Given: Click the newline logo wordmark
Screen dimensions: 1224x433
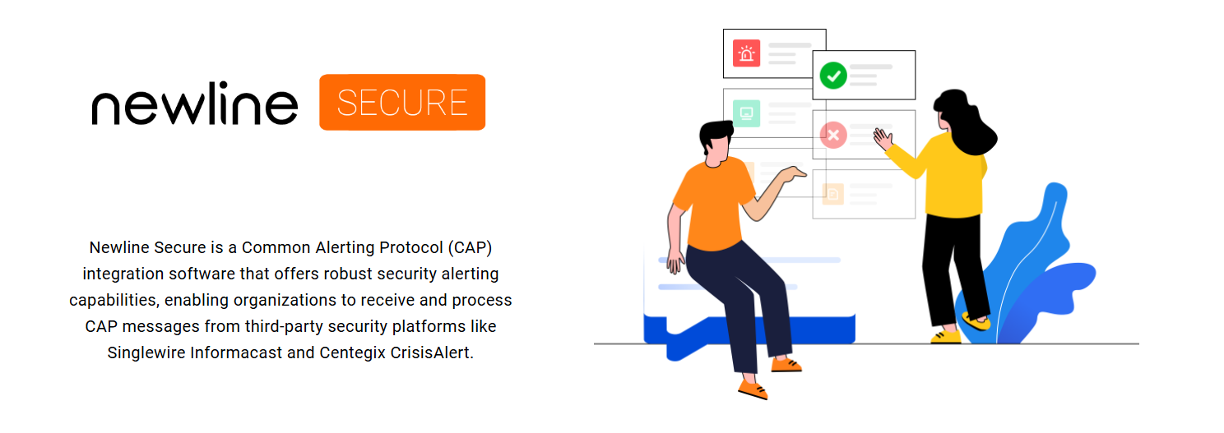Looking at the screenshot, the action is tap(194, 104).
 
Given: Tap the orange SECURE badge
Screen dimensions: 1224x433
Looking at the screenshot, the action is tap(402, 103).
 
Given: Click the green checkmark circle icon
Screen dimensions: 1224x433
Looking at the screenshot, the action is tap(833, 76).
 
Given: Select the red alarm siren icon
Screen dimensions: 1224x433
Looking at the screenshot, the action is tap(746, 53).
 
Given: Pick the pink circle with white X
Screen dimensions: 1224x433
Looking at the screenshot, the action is tap(833, 135).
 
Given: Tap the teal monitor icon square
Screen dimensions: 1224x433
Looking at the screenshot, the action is tap(746, 113).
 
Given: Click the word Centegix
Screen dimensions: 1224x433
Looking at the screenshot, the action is tap(349, 352).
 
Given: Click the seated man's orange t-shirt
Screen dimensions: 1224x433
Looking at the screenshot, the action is tap(712, 205).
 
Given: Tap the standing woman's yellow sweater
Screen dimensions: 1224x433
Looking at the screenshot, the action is tap(954, 177).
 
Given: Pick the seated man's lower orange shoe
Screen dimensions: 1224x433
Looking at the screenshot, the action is tap(752, 387).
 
